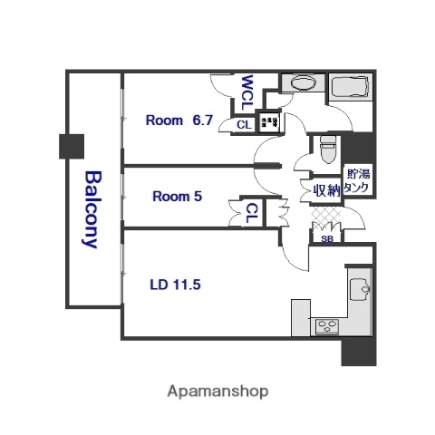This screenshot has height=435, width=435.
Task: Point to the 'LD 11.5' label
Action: (x=174, y=284)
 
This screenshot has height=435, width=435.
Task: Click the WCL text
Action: (x=247, y=92)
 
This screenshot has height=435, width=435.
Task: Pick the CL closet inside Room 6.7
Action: (x=244, y=126)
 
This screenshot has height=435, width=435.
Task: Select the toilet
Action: (x=327, y=146)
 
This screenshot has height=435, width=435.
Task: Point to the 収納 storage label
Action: (x=326, y=190)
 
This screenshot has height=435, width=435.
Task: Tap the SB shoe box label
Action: (x=326, y=239)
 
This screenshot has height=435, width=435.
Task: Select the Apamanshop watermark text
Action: (x=217, y=391)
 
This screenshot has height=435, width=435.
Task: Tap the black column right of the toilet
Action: (x=362, y=145)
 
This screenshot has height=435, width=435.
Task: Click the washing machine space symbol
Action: (x=269, y=121)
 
